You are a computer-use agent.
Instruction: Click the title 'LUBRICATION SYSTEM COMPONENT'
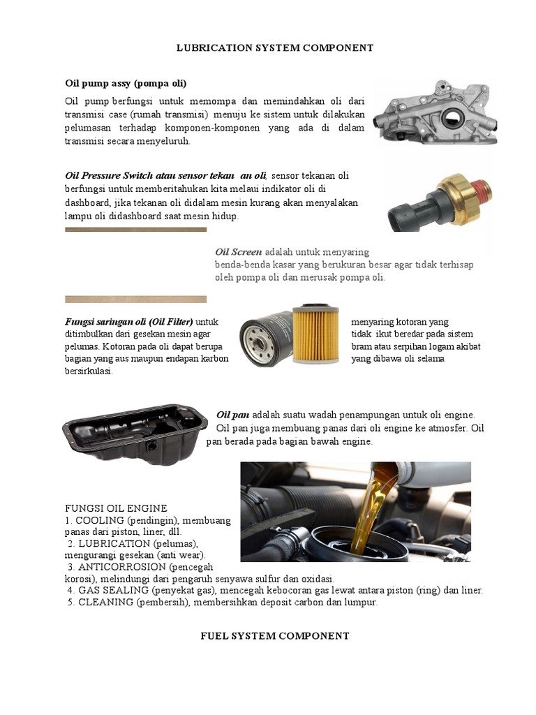(x=274, y=48)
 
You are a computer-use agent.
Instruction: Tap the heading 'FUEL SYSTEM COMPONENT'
(x=274, y=635)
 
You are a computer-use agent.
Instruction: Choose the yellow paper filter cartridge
(x=315, y=334)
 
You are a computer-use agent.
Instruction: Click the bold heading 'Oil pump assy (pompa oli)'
(x=126, y=84)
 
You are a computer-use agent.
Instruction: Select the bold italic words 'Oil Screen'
(x=238, y=252)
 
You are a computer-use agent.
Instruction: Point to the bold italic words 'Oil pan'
(x=233, y=414)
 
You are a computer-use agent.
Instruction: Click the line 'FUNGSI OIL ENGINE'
(x=116, y=508)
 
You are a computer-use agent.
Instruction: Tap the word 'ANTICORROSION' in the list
(x=112, y=566)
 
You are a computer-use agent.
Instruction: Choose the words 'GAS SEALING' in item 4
(x=106, y=590)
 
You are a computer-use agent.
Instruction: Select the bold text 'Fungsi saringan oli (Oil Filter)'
(x=129, y=322)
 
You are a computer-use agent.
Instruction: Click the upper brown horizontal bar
(x=135, y=229)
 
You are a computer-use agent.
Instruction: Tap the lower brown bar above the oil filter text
(x=135, y=299)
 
